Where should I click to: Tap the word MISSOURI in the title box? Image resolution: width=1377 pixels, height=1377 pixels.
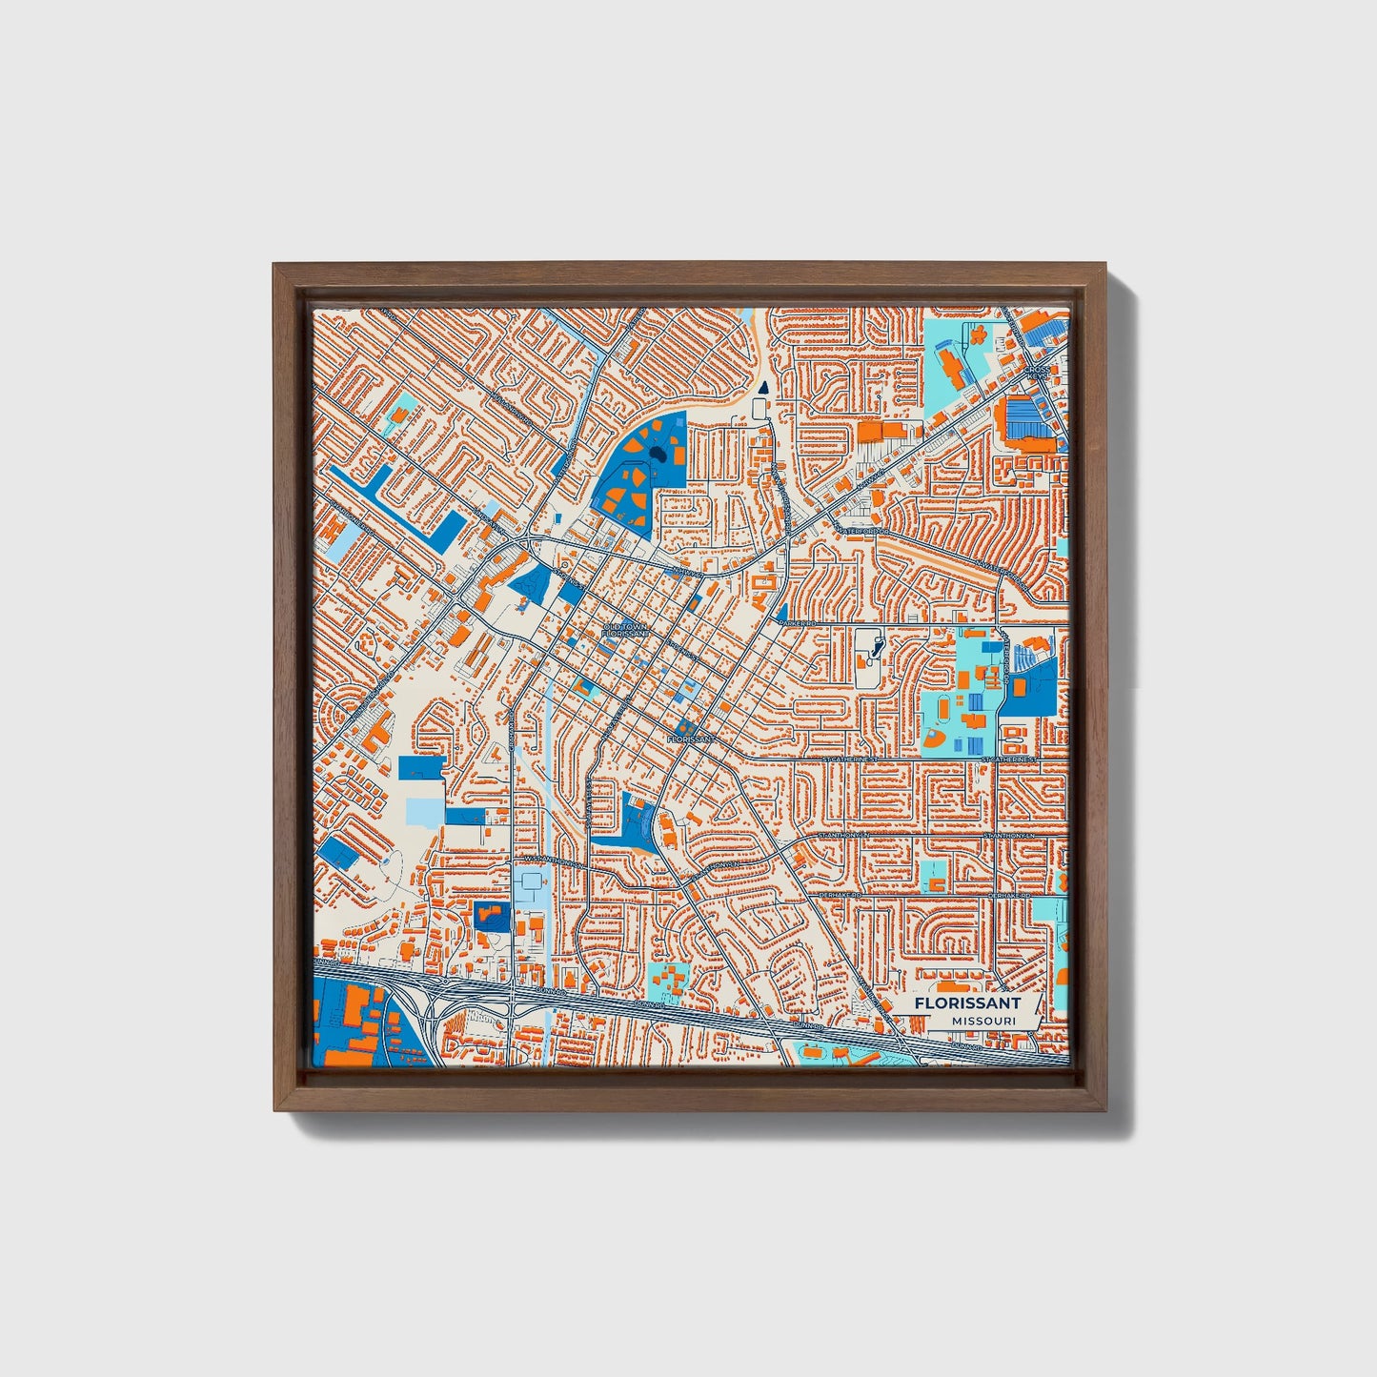click(x=982, y=1021)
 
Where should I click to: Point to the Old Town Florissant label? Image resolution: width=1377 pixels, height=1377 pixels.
click(x=626, y=630)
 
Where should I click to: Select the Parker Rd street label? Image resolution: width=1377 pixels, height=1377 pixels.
click(x=799, y=622)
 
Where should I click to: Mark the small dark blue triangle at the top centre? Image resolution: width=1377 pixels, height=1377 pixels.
click(x=762, y=387)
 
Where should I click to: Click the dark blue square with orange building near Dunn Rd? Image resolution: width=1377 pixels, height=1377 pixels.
click(x=492, y=917)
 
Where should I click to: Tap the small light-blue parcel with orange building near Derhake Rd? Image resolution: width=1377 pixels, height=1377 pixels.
click(x=935, y=878)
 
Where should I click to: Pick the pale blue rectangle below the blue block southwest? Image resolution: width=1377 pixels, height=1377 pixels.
click(x=424, y=811)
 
